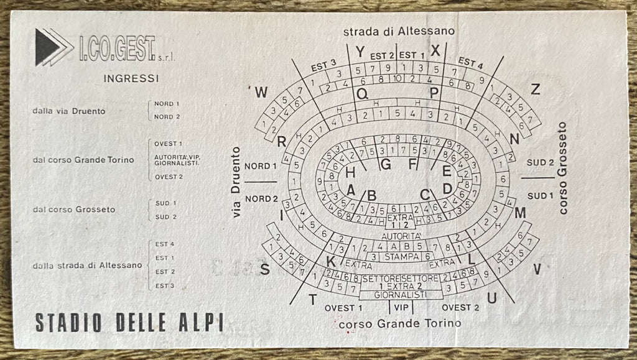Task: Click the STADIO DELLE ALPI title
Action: point(129,323)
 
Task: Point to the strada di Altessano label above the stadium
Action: point(399,30)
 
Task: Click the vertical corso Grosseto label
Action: point(564,168)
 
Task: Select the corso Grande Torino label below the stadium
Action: point(400,323)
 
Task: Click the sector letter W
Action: point(262,93)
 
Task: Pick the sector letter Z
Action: point(535,89)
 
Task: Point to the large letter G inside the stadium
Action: point(386,164)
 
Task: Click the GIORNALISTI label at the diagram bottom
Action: point(401,295)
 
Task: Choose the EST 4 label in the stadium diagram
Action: point(471,62)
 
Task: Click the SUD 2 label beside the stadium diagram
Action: point(540,162)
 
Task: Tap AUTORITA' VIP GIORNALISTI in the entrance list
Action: point(177,160)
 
